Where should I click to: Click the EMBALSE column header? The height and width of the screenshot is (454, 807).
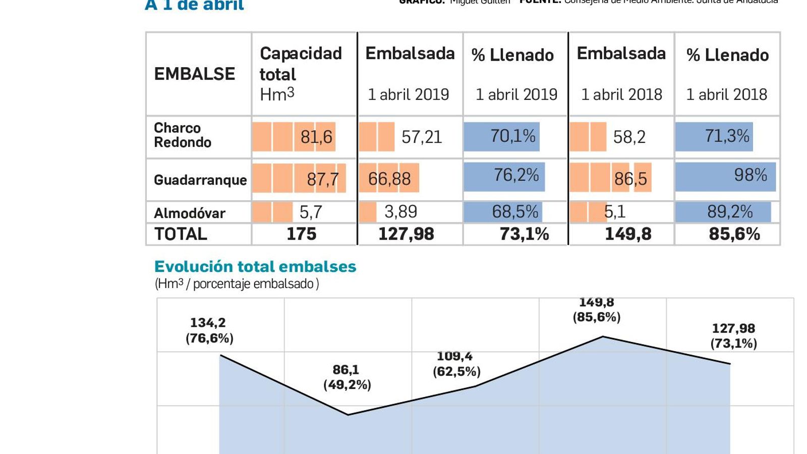click(194, 74)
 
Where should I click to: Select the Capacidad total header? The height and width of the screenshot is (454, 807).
click(301, 64)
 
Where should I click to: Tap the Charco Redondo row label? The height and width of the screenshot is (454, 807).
click(182, 135)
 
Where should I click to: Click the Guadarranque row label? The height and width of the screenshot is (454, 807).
click(200, 180)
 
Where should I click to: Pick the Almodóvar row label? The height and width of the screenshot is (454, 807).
click(189, 213)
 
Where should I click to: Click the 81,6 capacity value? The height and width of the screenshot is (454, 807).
click(316, 137)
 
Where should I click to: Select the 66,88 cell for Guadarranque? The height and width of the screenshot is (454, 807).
click(389, 179)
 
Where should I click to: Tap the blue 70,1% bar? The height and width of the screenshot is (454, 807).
click(502, 136)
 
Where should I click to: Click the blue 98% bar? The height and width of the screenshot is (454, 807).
click(725, 176)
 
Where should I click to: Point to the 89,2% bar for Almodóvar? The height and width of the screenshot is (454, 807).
click(723, 212)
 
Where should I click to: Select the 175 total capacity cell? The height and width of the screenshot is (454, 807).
click(301, 234)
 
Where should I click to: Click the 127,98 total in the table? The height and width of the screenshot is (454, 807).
click(406, 234)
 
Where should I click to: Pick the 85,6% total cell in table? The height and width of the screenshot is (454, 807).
click(734, 234)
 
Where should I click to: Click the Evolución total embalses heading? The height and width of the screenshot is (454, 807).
click(255, 266)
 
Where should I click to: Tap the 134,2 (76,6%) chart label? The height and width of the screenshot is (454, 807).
click(209, 330)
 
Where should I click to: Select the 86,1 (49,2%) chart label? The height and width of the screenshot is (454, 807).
click(347, 377)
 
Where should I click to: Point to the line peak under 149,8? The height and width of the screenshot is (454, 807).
click(603, 336)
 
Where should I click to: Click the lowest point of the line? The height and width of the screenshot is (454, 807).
click(348, 415)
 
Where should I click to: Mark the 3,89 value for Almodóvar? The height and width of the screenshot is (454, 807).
click(400, 212)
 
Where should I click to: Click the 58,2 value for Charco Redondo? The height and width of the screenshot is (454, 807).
click(629, 137)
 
